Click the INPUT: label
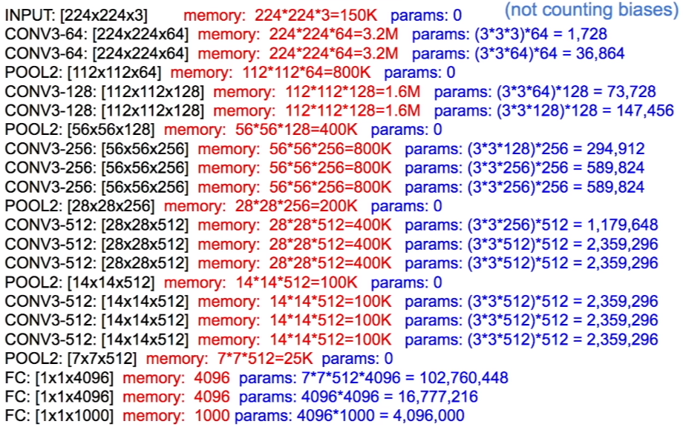pos(28,15)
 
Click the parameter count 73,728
pos(629,92)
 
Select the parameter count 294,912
pos(618,149)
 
